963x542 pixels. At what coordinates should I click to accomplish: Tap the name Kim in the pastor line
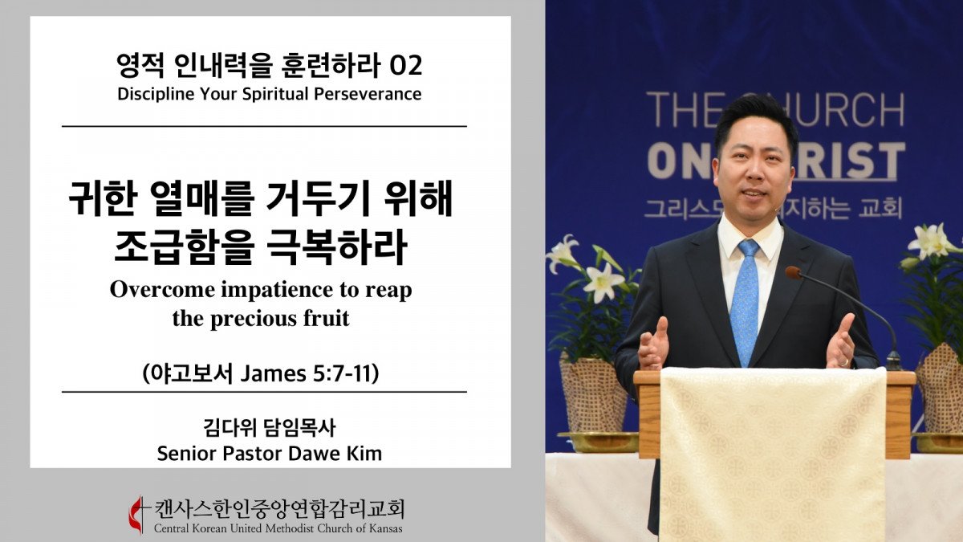(365, 454)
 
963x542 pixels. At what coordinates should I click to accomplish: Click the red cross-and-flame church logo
(137, 514)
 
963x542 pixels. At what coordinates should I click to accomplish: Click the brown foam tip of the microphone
(793, 273)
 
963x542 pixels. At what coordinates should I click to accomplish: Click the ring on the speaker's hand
(845, 363)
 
